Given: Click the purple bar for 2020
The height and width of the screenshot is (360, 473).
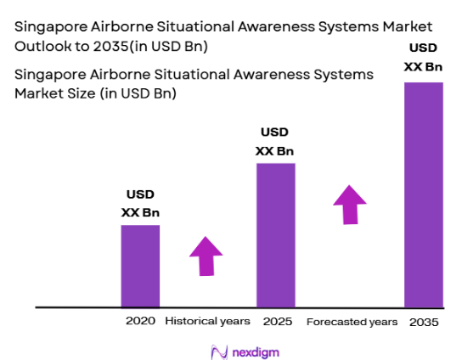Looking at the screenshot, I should click(x=139, y=265).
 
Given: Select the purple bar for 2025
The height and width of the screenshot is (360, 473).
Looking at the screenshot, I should click(x=276, y=234).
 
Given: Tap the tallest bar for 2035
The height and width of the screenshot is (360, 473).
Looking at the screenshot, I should click(x=424, y=194).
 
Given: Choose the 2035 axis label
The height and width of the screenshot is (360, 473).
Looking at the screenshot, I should click(x=424, y=322).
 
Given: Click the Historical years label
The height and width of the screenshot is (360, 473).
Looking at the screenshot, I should click(x=207, y=321).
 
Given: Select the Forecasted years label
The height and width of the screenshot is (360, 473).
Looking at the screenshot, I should click(x=352, y=322).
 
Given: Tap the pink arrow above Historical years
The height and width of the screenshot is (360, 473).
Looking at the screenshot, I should click(x=205, y=255).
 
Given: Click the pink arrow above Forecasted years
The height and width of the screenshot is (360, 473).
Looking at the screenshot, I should click(x=349, y=205).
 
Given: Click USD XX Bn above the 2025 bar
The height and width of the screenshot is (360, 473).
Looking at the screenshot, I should click(x=275, y=142).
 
